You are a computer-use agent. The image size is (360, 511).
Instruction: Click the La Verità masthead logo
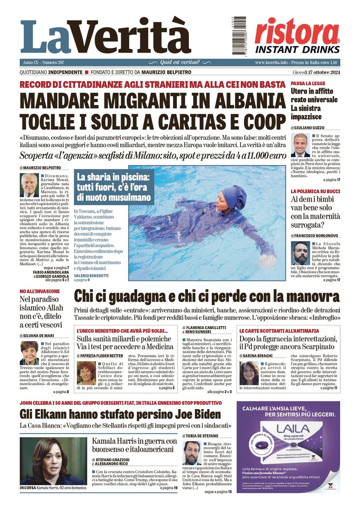(x=106, y=37)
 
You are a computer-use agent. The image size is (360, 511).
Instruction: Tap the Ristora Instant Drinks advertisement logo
(x=297, y=36)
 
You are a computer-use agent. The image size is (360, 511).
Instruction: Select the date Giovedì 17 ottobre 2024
(x=316, y=72)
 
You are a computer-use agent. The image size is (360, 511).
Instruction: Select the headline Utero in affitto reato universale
(x=314, y=104)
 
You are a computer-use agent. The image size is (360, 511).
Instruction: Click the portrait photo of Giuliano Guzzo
(x=300, y=145)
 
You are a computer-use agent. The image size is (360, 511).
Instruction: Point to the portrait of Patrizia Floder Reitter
(x=86, y=373)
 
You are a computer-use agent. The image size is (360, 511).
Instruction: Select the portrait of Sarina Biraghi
(x=249, y=373)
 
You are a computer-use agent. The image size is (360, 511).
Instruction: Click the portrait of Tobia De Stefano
(x=192, y=453)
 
